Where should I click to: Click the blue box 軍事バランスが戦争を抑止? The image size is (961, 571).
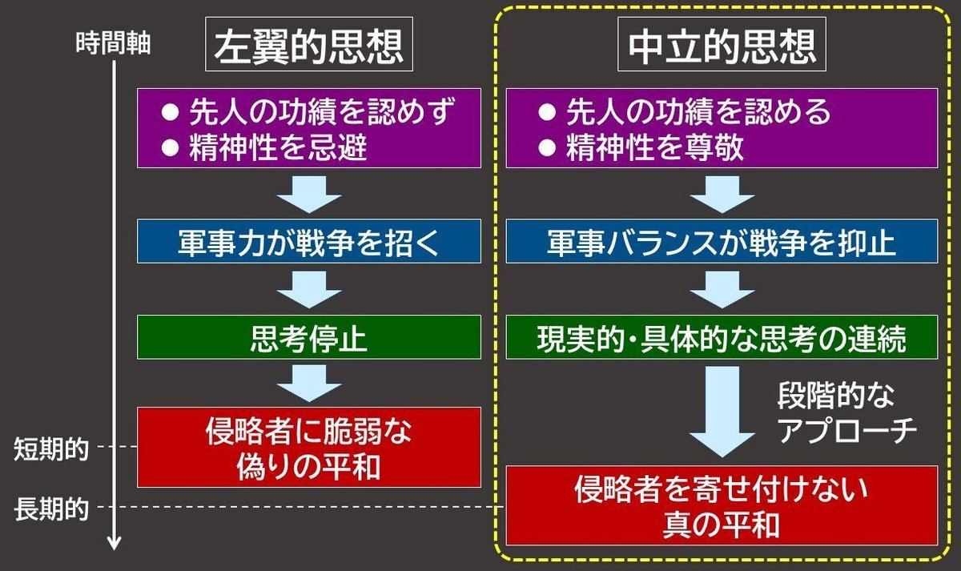[x=722, y=242]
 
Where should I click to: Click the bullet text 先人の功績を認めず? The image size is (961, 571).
[x=324, y=112]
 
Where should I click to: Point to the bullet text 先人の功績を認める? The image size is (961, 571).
[x=697, y=112]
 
